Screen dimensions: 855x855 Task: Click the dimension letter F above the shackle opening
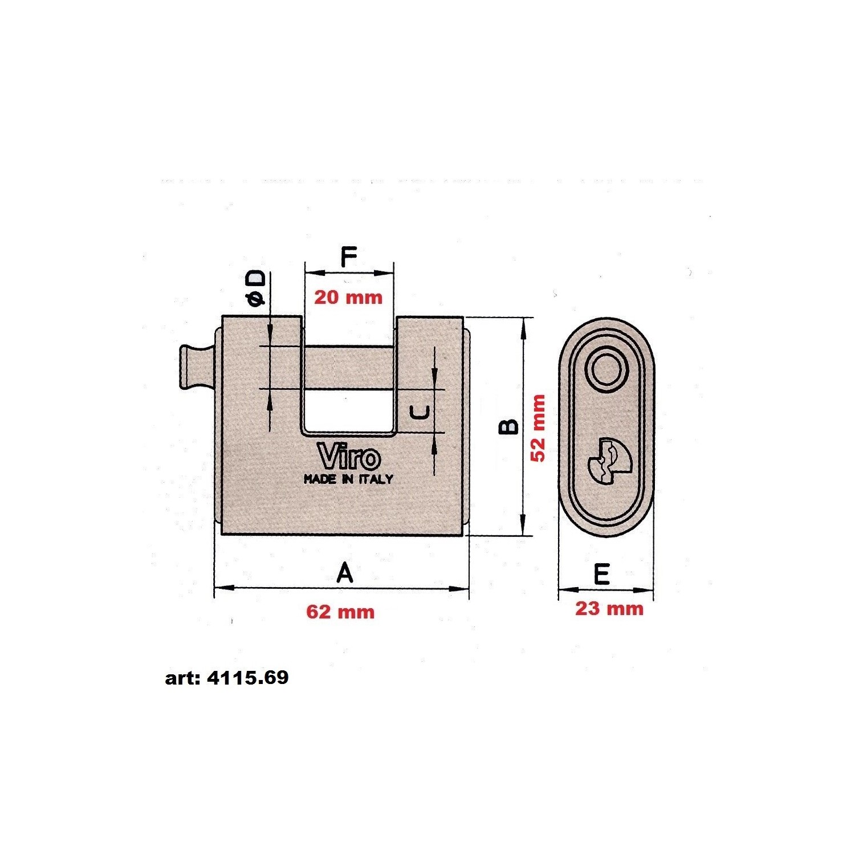coord(348,257)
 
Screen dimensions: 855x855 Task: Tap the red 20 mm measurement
coord(348,297)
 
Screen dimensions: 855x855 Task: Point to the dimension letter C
coord(420,412)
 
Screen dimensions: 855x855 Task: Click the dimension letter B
coord(509,427)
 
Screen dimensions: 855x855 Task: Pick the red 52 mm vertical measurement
coord(538,428)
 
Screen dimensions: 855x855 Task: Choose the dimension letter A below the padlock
coord(345,572)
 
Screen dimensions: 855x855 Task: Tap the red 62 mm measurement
coord(340,612)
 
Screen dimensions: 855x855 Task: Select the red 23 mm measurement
coord(609,608)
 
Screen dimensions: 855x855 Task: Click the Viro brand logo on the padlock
coord(349,457)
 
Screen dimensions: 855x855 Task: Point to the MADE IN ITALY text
coord(348,479)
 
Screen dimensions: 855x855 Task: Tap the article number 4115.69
coord(248,678)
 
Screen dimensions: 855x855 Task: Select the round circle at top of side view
coord(606,370)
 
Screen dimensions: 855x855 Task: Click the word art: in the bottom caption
coord(183,678)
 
